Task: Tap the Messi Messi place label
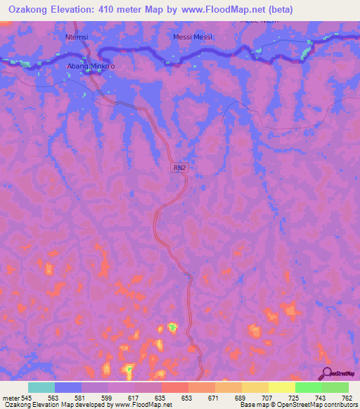click(x=193, y=37)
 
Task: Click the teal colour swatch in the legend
click(x=41, y=387)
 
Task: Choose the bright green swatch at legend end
click(x=335, y=387)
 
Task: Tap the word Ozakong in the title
click(x=27, y=9)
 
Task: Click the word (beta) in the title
click(x=277, y=9)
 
